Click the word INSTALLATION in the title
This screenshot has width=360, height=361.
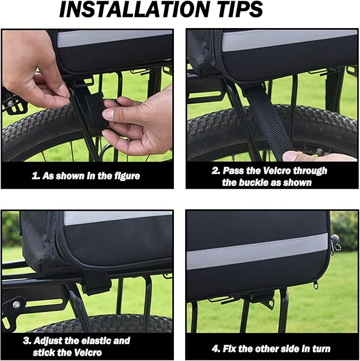click(x=134, y=9)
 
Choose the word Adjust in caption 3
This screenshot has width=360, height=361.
click(x=48, y=341)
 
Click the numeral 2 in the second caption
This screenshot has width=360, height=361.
click(x=215, y=171)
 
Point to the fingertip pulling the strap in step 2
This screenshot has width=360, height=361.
click(x=291, y=156)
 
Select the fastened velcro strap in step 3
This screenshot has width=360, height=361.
click(x=96, y=283)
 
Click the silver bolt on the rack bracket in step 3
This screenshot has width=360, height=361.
click(x=16, y=305)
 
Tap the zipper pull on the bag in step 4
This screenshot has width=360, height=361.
click(x=316, y=285)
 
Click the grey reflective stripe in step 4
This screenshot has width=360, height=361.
click(x=257, y=251)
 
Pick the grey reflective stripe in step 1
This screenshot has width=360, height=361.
click(x=115, y=38)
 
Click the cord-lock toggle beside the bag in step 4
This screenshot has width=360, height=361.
click(x=335, y=245)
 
